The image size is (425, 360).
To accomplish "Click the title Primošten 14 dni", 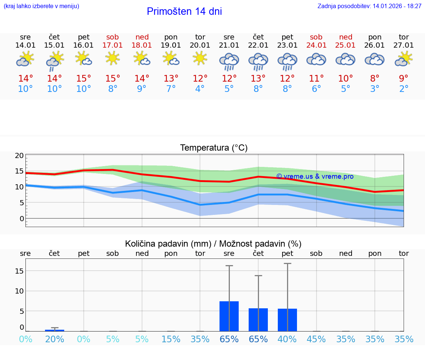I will pyautogui.click(x=184, y=11).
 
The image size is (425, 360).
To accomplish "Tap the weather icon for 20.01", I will pyautogui.click(x=200, y=58).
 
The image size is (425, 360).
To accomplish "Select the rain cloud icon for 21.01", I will pyautogui.click(x=229, y=61).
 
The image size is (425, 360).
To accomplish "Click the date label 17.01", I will pyautogui.click(x=113, y=45).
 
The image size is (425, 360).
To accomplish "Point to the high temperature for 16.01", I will pyautogui.click(x=84, y=79).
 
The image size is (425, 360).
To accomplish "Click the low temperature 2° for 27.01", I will pyautogui.click(x=404, y=89).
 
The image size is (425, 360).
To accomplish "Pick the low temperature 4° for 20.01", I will pyautogui.click(x=200, y=89).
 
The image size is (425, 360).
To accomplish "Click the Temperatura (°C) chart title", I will pyautogui.click(x=214, y=148).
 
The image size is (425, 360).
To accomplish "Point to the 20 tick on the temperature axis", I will pyautogui.click(x=19, y=155).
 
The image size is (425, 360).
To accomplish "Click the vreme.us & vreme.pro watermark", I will pyautogui.click(x=315, y=176).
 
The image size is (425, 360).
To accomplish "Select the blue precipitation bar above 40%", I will pyautogui.click(x=287, y=320).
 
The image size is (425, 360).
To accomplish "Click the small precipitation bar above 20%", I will pyautogui.click(x=55, y=330).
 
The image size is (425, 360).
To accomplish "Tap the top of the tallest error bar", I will pyautogui.click(x=287, y=264).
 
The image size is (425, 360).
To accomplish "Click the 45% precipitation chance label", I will pyautogui.click(x=317, y=339).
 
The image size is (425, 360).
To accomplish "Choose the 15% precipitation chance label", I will pyautogui.click(x=171, y=339).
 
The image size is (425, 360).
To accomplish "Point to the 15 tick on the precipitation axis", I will pyautogui.click(x=19, y=271).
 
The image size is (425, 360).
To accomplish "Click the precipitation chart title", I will pyautogui.click(x=213, y=244).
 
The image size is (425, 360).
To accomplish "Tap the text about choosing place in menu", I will pyautogui.click(x=41, y=6).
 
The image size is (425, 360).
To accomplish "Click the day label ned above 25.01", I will pyautogui.click(x=346, y=37).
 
